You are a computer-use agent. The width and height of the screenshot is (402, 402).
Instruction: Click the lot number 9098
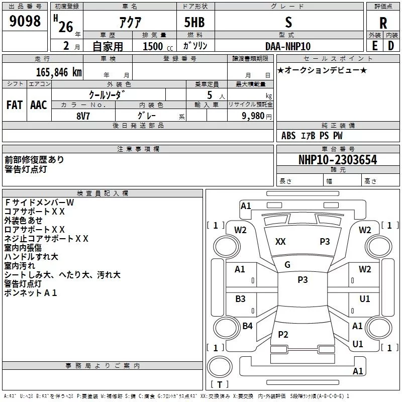click(x=25, y=22)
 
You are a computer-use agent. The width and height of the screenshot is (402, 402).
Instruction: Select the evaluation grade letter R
click(x=383, y=23)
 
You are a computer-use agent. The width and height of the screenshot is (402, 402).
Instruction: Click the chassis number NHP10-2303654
click(x=338, y=160)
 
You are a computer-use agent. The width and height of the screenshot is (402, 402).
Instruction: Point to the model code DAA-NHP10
click(x=287, y=46)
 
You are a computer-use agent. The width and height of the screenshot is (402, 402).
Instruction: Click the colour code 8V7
click(x=83, y=115)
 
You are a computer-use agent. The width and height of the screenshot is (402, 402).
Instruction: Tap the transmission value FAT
click(x=14, y=105)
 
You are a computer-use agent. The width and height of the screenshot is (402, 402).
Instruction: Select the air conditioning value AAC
click(x=39, y=105)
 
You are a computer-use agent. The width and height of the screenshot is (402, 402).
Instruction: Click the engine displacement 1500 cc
click(x=156, y=46)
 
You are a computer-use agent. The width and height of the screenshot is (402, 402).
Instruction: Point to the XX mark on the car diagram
click(x=280, y=242)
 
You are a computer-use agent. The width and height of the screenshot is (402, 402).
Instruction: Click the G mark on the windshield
click(x=287, y=265)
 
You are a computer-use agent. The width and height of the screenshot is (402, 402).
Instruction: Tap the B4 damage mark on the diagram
click(x=247, y=326)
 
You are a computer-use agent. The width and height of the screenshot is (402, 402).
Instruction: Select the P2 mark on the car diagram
click(x=283, y=335)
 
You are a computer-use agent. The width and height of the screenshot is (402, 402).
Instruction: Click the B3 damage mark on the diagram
click(x=240, y=299)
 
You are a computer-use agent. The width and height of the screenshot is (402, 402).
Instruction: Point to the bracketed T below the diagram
click(x=219, y=385)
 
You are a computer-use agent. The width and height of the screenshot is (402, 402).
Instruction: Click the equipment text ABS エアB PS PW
click(x=312, y=136)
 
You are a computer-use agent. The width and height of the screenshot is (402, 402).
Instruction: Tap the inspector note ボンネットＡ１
click(x=31, y=293)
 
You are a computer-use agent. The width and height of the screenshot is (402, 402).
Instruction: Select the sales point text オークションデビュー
click(x=322, y=70)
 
